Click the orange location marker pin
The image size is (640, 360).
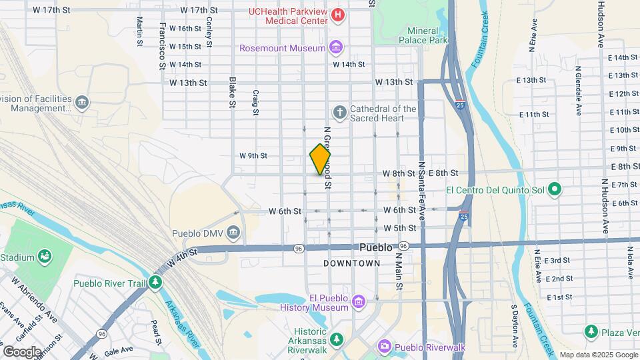(320, 159)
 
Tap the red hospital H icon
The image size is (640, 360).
(339, 15)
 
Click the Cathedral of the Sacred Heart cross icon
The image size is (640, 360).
(339, 111)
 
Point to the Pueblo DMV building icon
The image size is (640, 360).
(233, 233)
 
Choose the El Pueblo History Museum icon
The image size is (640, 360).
(359, 303)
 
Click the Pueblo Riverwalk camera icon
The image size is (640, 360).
(384, 345)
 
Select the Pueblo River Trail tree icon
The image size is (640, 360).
(155, 283)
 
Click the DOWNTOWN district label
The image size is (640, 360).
(351, 263)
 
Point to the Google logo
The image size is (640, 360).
(22, 351)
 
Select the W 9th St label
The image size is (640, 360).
(253, 156)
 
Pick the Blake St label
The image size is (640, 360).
(232, 93)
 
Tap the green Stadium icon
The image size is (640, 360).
(45, 255)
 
